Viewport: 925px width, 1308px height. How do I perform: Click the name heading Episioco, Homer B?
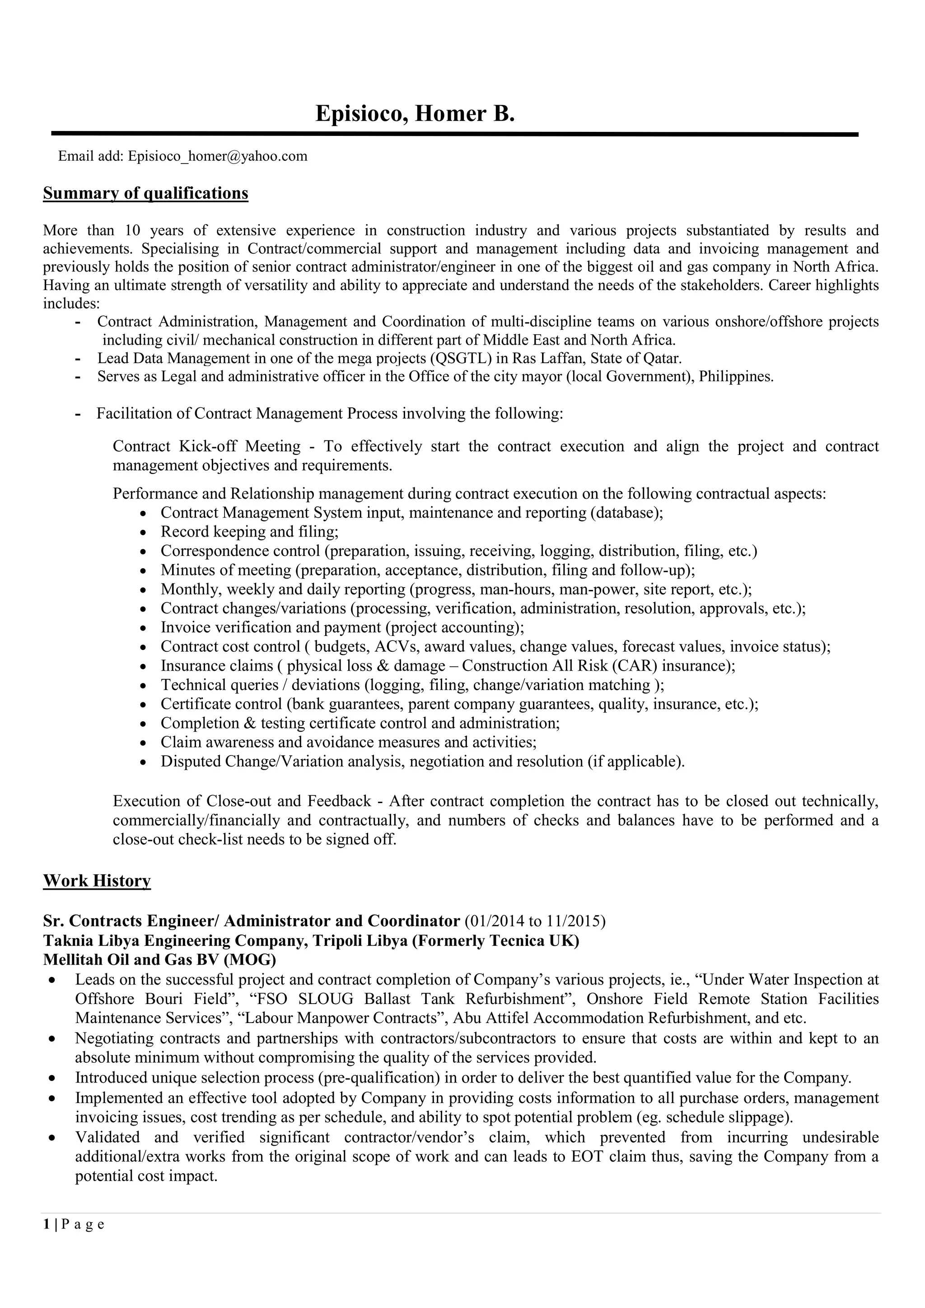pos(415,114)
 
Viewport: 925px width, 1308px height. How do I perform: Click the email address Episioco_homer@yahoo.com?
pos(218,156)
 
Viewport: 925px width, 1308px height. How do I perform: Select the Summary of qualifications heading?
pos(146,194)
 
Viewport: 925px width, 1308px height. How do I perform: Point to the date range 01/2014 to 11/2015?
pos(535,921)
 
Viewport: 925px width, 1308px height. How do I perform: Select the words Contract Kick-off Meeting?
pos(207,446)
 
